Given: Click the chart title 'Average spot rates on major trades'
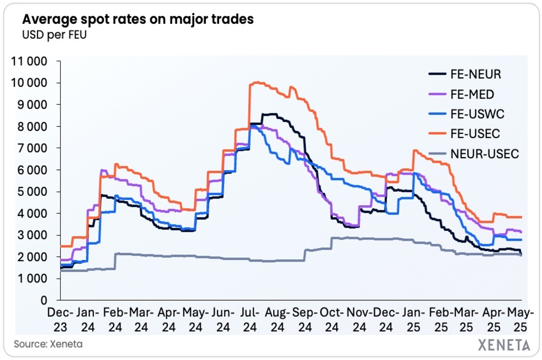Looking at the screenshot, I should tap(138, 20).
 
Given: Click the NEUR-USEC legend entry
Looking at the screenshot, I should tap(485, 154).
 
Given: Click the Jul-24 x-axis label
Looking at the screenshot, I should tap(248, 319).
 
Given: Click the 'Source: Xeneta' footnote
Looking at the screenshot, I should tap(48, 344).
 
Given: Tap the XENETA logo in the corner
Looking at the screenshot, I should tap(504, 345).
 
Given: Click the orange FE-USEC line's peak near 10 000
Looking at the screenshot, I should tap(256, 82).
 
